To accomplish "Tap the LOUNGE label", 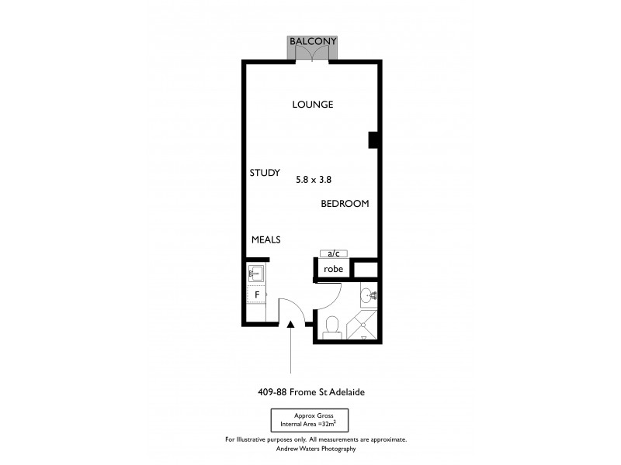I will click(313, 105).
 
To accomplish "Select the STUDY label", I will click(265, 173).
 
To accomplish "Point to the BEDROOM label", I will click(345, 204).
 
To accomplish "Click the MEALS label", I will click(265, 240).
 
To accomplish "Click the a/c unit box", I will click(334, 253).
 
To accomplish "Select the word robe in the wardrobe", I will click(334, 269).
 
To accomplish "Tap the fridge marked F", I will click(255, 295).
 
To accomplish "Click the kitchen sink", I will click(255, 274).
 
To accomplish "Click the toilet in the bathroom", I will click(331, 326).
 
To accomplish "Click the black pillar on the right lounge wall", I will click(373, 139).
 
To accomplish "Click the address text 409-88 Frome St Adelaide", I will click(310, 392).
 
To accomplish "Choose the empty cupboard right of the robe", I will click(366, 270).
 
